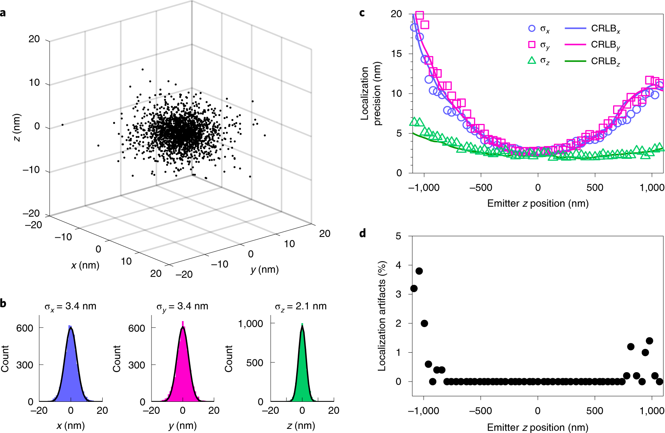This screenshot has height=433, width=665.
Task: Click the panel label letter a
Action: point(3,13)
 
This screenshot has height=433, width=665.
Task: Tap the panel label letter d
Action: point(362,234)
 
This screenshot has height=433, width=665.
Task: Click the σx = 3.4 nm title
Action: point(70,306)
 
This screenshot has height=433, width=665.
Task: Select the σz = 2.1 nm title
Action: point(301,306)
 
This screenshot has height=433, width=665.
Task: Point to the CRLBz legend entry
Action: point(605,61)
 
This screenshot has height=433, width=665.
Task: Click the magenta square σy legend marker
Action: point(532,45)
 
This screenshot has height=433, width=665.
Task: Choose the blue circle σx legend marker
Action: point(532,28)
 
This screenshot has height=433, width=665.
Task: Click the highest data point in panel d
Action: point(419,271)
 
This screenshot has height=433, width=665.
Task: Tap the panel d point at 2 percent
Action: point(424,323)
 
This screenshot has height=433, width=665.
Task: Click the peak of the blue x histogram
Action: point(70,328)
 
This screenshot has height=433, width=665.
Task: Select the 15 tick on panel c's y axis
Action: point(396,54)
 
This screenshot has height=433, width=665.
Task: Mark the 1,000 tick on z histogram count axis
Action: point(250,323)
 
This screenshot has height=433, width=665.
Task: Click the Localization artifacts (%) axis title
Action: point(382,316)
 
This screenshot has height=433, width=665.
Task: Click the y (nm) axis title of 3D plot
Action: point(265,269)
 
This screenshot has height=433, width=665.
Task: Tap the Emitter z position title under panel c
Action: point(538,204)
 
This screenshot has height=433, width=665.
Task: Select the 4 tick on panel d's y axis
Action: point(398,265)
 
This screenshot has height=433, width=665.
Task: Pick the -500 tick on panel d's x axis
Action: point(480,410)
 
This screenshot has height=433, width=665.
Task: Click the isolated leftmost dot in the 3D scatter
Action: point(62,125)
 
